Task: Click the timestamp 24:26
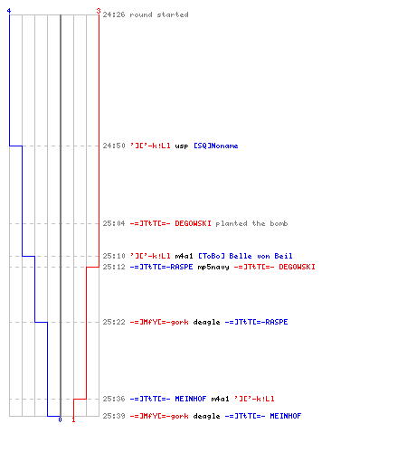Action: pyautogui.click(x=114, y=14)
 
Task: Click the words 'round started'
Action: pyautogui.click(x=159, y=14)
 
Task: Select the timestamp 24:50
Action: pyautogui.click(x=114, y=146)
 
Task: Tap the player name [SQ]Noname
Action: pyautogui.click(x=216, y=146)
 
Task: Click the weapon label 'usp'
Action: pyautogui.click(x=182, y=146)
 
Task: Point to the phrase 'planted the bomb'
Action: pyautogui.click(x=251, y=223)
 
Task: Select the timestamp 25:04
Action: pyautogui.click(x=114, y=223)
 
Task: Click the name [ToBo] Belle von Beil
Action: pyautogui.click(x=245, y=256)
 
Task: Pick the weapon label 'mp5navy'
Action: pyautogui.click(x=213, y=268)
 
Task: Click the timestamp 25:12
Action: pyautogui.click(x=114, y=267)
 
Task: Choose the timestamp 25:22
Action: pyautogui.click(x=114, y=322)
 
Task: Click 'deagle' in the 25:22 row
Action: pyautogui.click(x=206, y=322)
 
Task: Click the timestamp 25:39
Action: pyautogui.click(x=114, y=416)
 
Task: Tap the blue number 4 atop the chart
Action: pyautogui.click(x=9, y=11)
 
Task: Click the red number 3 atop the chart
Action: pyautogui.click(x=99, y=11)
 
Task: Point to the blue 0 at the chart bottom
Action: pyautogui.click(x=60, y=419)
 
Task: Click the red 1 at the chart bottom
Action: pyautogui.click(x=73, y=419)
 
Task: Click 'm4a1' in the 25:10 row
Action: pyautogui.click(x=184, y=256)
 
